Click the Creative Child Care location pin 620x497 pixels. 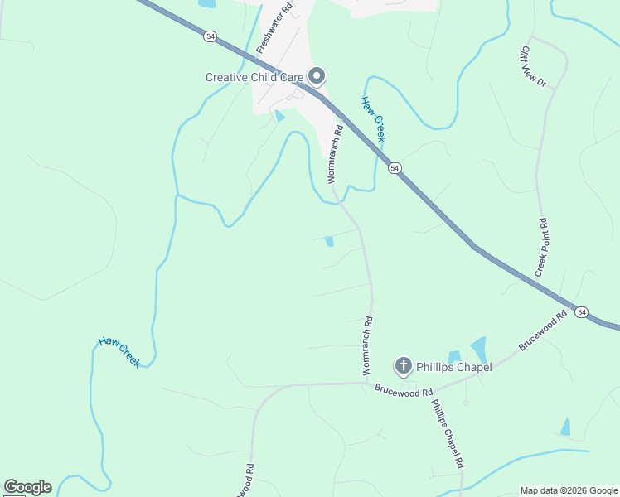[316, 76]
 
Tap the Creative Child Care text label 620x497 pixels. [254, 78]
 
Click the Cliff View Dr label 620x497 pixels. [533, 66]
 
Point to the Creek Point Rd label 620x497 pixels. [543, 248]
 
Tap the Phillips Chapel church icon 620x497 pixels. [403, 365]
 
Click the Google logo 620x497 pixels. [27, 487]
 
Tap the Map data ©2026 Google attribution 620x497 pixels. [569, 490]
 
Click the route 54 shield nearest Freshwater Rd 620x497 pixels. [211, 36]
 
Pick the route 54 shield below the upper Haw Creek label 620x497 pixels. [395, 168]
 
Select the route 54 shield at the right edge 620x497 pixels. [583, 312]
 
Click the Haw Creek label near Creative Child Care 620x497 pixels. [373, 119]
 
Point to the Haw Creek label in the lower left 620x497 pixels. [119, 351]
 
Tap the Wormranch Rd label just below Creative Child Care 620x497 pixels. [334, 153]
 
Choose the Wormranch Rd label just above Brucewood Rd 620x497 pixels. [366, 345]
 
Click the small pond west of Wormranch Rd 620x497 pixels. [329, 241]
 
